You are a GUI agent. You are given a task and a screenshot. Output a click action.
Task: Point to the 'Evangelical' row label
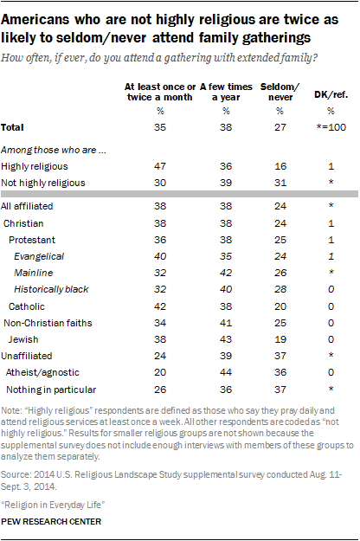(42, 256)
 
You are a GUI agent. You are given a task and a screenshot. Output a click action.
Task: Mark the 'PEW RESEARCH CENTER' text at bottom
(51, 523)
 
